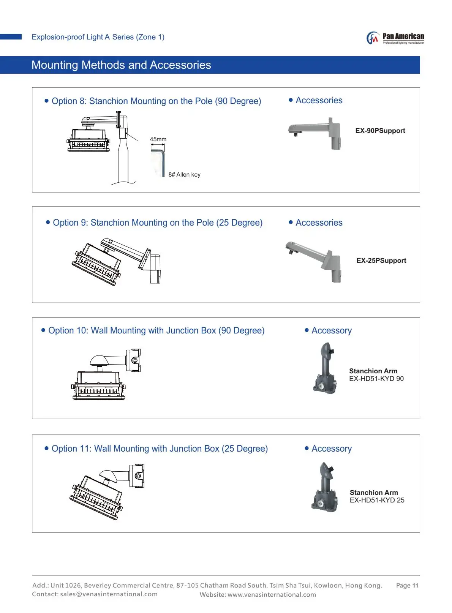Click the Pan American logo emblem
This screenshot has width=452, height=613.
click(373, 38)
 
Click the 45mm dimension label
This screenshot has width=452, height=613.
click(158, 139)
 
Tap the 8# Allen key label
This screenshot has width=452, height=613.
click(184, 175)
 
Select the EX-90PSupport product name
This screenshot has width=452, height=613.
click(380, 131)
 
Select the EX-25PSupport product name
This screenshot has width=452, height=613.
click(381, 261)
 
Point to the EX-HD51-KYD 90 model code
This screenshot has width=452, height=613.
click(376, 379)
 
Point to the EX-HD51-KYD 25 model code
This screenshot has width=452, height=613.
click(377, 500)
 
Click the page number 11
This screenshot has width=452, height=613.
click(415, 586)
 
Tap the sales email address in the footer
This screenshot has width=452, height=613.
click(109, 594)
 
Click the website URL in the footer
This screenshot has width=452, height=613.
click(272, 595)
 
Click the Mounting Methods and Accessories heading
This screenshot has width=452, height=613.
click(121, 65)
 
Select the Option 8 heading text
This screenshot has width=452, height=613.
click(156, 101)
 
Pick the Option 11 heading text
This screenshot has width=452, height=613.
click(160, 449)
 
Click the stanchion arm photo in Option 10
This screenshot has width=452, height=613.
click(325, 368)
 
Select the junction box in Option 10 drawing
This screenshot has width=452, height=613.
click(134, 360)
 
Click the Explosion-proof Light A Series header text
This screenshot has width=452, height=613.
click(98, 37)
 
